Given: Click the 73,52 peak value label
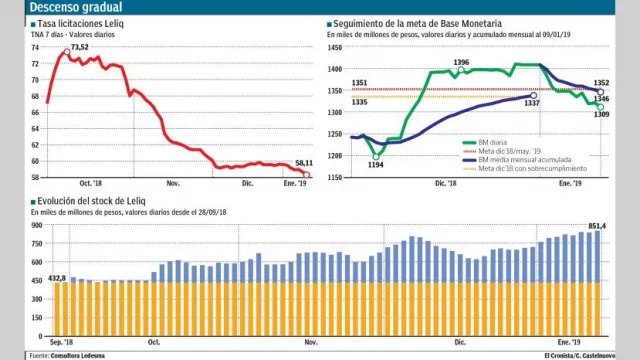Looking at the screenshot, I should tap(79, 46).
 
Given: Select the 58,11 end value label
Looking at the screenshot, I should tap(297, 162).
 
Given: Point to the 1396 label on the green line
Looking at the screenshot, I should tap(461, 63).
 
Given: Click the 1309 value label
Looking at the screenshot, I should tap(602, 115).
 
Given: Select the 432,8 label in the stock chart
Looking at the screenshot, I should tap(55, 277).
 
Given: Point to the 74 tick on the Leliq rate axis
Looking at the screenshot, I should tap(35, 47).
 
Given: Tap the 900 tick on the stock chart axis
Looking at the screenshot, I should tap(36, 227).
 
